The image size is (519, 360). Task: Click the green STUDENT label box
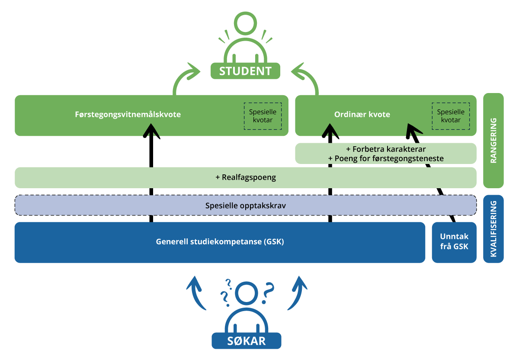pos(245,71)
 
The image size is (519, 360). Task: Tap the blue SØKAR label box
pos(246,341)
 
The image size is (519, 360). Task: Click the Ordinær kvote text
pos(362,115)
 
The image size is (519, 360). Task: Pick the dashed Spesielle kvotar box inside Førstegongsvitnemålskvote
pos(263,116)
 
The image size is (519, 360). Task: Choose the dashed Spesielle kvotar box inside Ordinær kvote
pos(450,116)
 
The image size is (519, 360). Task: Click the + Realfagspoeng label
pos(245,177)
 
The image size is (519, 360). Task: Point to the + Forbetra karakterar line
pos(386,149)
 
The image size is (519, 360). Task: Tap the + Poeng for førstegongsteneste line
pos(386,158)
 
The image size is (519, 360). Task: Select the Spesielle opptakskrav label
pos(245,206)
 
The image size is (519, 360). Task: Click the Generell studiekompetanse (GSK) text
pos(220,242)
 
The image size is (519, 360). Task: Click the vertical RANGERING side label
pos(493,141)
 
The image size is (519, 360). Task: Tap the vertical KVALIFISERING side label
pos(493,229)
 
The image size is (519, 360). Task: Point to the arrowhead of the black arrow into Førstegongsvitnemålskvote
pos(151,130)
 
